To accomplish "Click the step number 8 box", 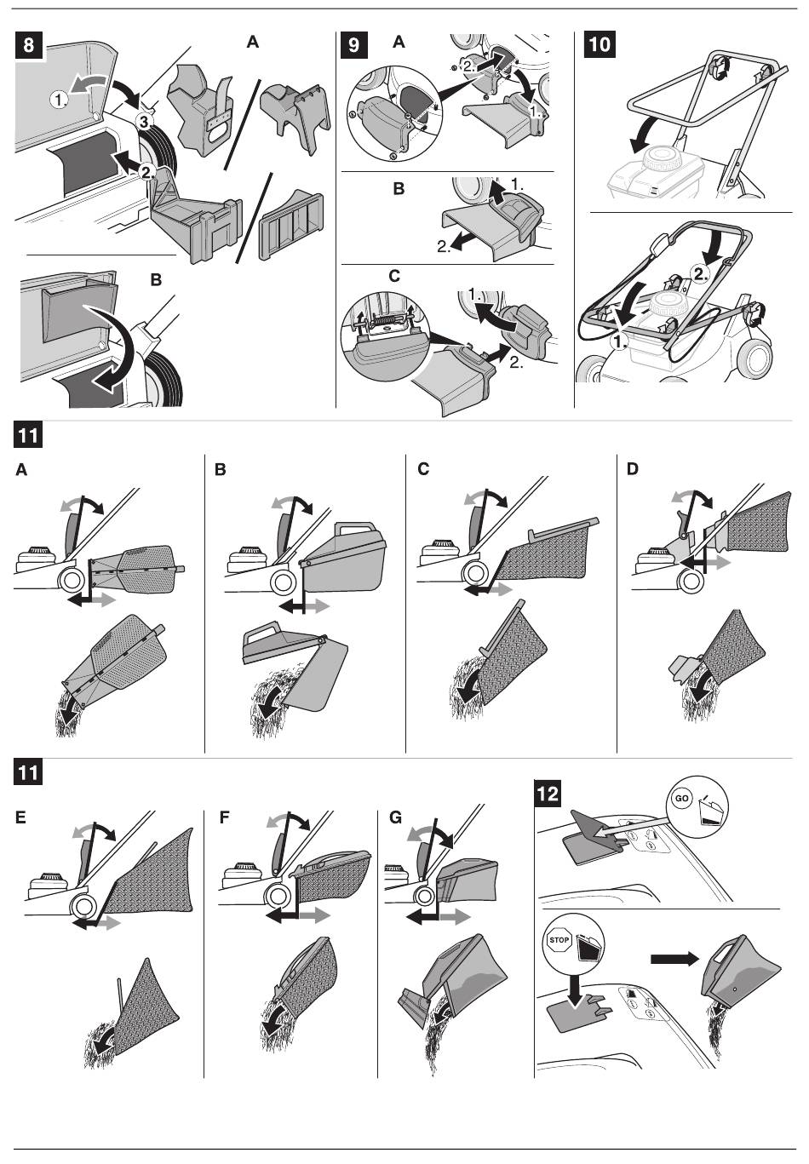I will (29, 44).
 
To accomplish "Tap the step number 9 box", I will (353, 44).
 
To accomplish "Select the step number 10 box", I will (600, 44).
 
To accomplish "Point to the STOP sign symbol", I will (559, 941).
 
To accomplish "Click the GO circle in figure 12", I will (681, 800).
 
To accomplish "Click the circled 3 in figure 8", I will (144, 123).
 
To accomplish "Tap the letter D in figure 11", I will (631, 468).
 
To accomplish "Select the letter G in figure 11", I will (395, 817).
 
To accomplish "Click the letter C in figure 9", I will (393, 276).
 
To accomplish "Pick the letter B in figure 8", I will (156, 279).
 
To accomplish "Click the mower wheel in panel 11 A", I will (69, 580).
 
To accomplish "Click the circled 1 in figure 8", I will (59, 100).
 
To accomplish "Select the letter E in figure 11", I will (21, 817).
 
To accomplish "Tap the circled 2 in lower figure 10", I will (699, 274).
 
